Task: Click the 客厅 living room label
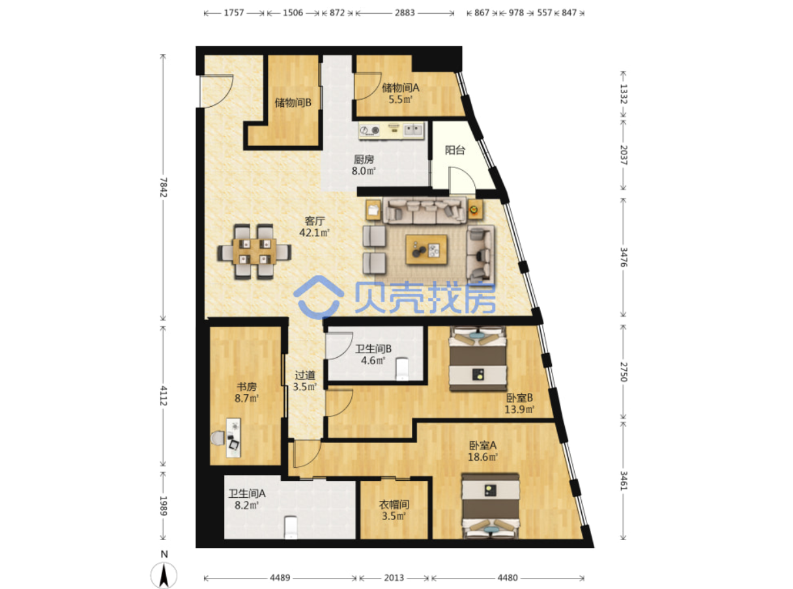(315, 221)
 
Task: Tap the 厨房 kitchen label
(364, 159)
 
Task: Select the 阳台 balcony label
(455, 151)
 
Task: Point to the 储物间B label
(293, 103)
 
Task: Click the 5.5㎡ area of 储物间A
(401, 100)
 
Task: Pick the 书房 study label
(247, 386)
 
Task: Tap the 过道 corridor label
(305, 375)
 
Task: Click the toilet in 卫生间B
(403, 369)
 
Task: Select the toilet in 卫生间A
(291, 528)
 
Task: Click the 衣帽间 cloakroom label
(394, 504)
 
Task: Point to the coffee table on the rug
(426, 250)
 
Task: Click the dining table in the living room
(254, 251)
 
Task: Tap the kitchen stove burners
(369, 131)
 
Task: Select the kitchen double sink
(413, 130)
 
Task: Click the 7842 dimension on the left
(163, 187)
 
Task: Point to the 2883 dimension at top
(405, 13)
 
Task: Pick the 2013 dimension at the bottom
(394, 578)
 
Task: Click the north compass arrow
(164, 575)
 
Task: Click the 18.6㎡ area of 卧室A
(483, 457)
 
